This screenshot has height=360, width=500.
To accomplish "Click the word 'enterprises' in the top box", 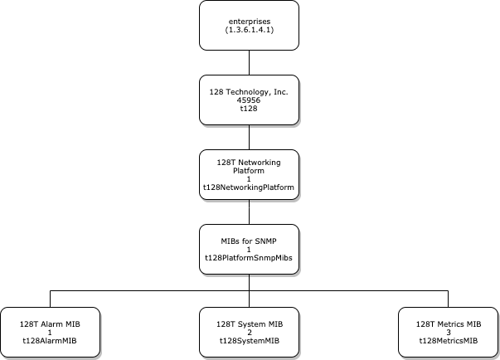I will tap(250, 19).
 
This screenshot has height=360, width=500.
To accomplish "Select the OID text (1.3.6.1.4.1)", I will tap(250, 30).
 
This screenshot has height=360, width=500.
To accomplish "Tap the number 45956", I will tap(250, 100).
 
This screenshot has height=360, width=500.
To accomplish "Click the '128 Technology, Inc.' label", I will tap(250, 90).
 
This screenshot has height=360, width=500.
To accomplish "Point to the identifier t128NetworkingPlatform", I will tap(250, 188).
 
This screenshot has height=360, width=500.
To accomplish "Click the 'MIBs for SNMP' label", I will tap(250, 240).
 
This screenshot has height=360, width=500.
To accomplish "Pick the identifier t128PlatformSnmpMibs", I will tap(250, 258).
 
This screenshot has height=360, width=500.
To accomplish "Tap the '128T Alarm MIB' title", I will tap(51, 323).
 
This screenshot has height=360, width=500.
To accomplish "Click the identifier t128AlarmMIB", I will tap(51, 341).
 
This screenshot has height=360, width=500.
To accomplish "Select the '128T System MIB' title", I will tap(250, 323).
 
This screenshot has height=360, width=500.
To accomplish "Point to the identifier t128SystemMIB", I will tap(250, 341).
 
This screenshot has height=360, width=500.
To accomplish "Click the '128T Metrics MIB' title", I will tap(449, 323).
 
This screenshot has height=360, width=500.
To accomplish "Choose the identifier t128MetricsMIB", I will tap(449, 341).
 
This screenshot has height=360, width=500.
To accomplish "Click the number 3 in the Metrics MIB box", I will tap(449, 332).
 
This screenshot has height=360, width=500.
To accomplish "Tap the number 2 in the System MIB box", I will tap(250, 332).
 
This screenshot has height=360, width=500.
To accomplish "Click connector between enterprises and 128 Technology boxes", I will tap(250, 62).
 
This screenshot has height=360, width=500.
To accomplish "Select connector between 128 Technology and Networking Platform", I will tap(250, 137).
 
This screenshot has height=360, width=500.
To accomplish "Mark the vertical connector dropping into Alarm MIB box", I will tap(51, 299).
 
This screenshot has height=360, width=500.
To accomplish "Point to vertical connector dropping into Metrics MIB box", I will tap(449, 299).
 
